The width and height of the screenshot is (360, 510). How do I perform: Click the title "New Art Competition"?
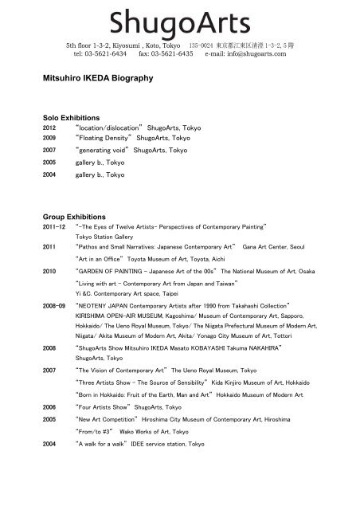(108, 418)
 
